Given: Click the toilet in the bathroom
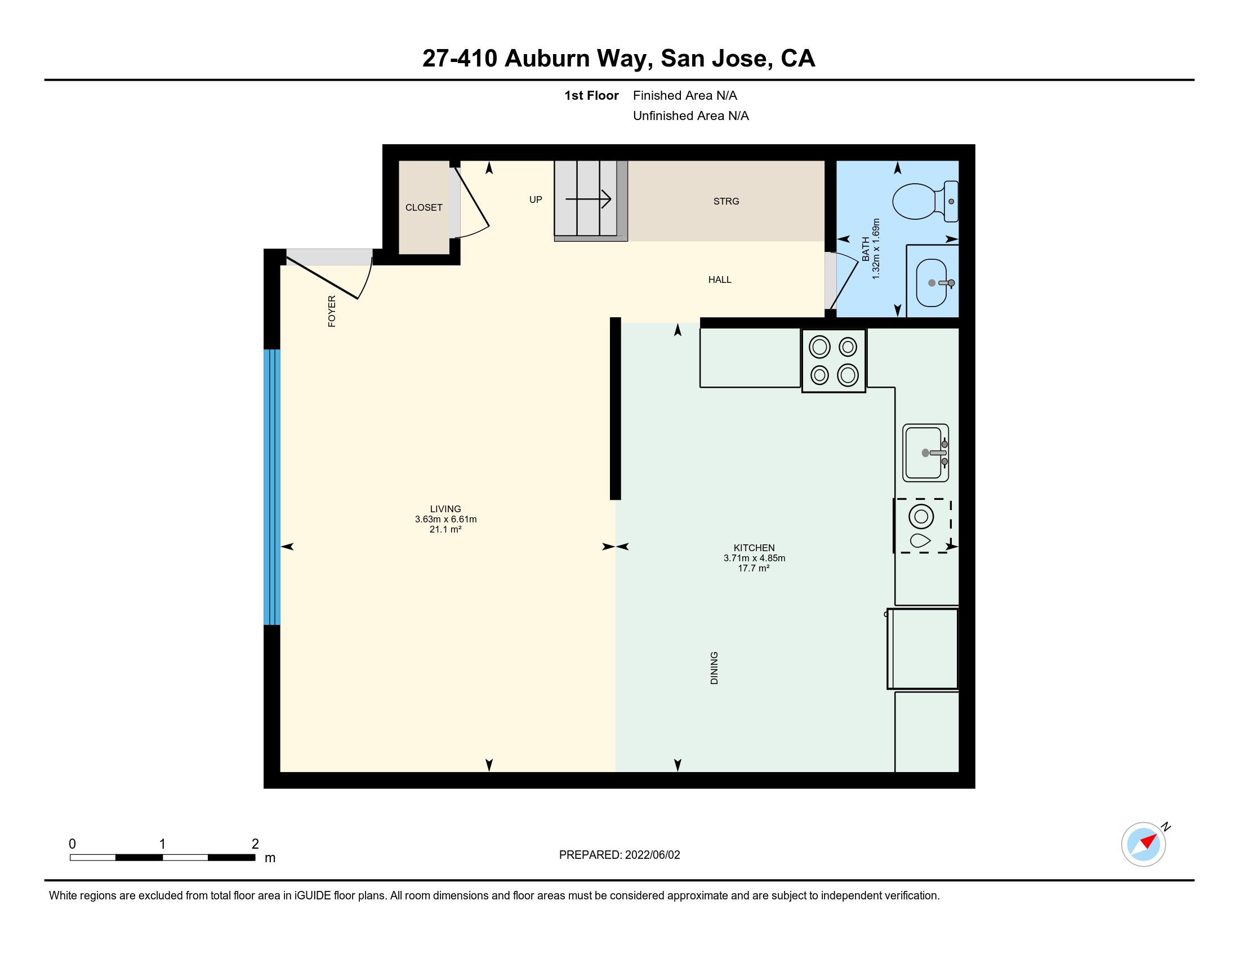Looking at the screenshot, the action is (x=925, y=202).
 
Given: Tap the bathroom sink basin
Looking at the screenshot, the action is (x=932, y=283).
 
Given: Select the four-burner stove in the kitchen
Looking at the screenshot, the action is (x=834, y=361).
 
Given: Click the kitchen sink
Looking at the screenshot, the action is (x=925, y=453).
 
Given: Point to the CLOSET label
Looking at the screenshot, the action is (x=424, y=208).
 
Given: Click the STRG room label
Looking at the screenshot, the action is (x=726, y=202).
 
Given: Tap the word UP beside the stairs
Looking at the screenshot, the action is (x=536, y=200).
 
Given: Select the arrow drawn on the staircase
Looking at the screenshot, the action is (x=589, y=199).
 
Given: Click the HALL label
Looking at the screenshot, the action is (x=720, y=280).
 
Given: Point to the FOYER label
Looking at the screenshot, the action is (x=332, y=311).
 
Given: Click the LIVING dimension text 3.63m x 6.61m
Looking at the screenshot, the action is (x=445, y=520).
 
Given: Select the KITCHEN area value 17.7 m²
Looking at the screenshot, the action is (x=754, y=568).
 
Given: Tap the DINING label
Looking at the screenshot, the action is (x=714, y=668).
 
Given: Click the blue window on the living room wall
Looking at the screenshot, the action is (x=272, y=487).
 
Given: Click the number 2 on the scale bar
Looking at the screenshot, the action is (x=255, y=844).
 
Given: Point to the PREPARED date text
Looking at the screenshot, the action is (x=619, y=855).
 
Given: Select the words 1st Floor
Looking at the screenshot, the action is (x=591, y=95).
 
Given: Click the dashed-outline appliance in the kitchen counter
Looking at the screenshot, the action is (x=922, y=526).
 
